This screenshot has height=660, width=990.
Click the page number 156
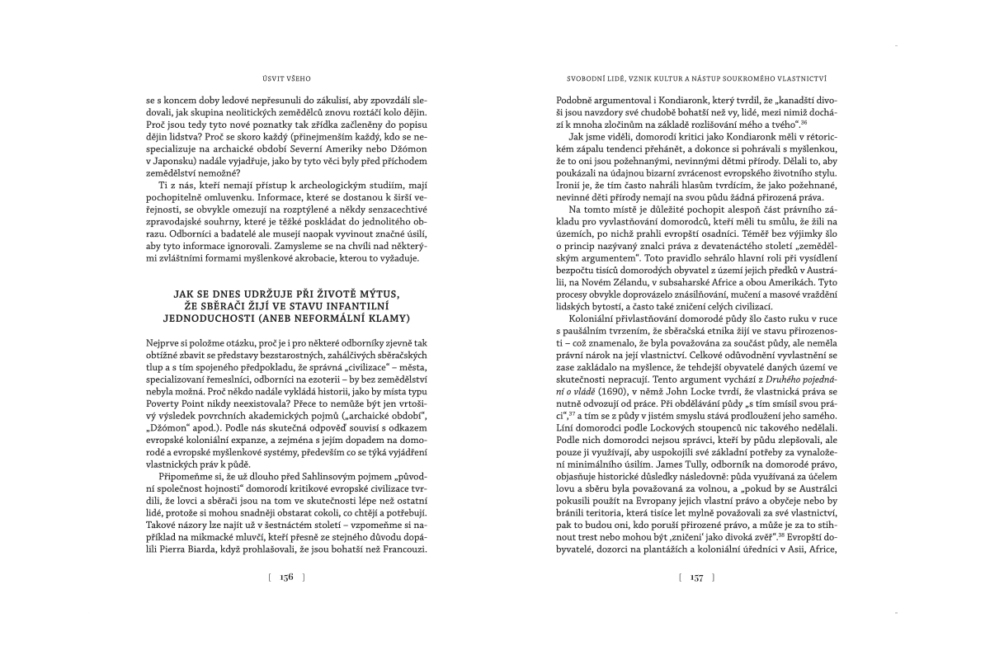286,578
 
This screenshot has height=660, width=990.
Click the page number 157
696,578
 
